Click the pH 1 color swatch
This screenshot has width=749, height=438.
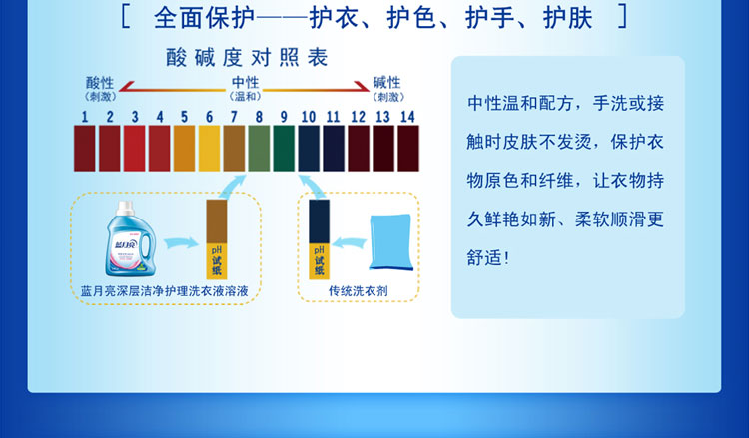coord(85,148)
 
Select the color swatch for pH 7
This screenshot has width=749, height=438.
coord(234,148)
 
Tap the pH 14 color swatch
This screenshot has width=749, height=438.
coord(407,148)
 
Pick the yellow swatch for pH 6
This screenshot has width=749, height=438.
coord(209,148)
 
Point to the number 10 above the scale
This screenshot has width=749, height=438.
coord(308,117)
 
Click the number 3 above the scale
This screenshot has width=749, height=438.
coord(135,117)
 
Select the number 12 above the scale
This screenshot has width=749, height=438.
coord(358,117)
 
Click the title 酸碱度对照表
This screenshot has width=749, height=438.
coord(248,58)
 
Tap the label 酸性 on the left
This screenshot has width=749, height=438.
coord(101,83)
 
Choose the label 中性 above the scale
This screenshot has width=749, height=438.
coord(245,83)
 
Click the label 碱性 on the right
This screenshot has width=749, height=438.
coord(386,83)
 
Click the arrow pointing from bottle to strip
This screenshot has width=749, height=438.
coord(179,242)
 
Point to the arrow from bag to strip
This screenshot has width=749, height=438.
coord(351,242)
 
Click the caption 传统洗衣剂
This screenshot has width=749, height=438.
coord(359,290)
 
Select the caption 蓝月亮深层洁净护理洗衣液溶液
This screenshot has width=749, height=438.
coord(164,290)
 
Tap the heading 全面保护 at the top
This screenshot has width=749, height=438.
coord(204,17)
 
